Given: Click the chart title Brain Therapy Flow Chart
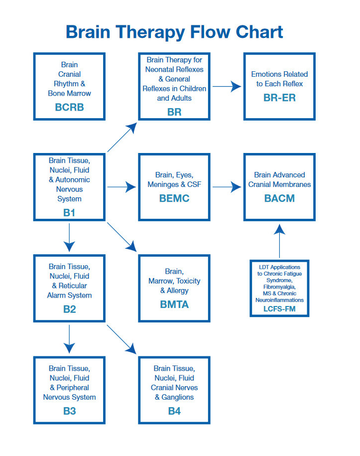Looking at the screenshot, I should [174, 32].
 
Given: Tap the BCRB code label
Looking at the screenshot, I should [69, 107].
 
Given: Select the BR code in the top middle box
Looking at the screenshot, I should [174, 112].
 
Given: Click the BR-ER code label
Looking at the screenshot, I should [279, 98].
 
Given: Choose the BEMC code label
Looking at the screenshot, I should [174, 198].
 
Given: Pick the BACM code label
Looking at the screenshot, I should [279, 198].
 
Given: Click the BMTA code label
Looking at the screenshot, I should [174, 304].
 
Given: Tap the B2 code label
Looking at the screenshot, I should [69, 309].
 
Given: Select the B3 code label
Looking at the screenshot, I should [69, 411].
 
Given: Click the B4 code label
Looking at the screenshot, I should [174, 411].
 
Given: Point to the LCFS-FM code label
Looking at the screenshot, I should [279, 309].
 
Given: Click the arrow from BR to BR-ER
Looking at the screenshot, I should [227, 87].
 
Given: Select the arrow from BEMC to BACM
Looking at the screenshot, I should [227, 187].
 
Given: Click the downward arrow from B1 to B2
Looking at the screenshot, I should [69, 238].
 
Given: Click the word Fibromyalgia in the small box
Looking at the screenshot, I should [279, 287].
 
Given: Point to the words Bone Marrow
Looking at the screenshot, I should [69, 93].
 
